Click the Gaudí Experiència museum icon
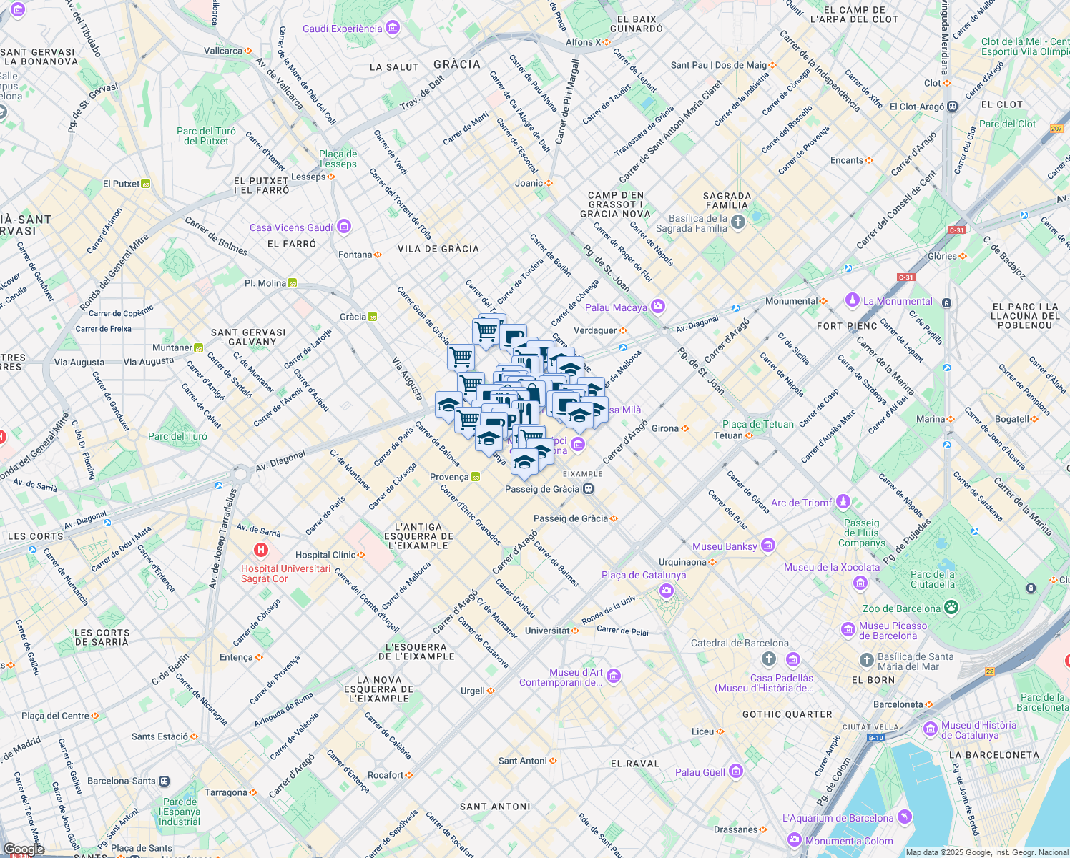(392, 28)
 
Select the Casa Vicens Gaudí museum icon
(344, 227)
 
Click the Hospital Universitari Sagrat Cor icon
(261, 550)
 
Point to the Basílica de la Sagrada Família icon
(739, 222)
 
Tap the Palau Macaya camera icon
(658, 307)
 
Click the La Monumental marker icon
(852, 300)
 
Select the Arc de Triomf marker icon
(843, 502)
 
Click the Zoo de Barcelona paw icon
(951, 608)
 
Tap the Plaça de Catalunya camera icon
(667, 591)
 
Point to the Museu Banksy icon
(768, 546)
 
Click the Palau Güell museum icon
(736, 771)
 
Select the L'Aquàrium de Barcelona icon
(905, 817)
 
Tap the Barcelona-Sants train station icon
(165, 781)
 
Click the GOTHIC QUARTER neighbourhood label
(787, 714)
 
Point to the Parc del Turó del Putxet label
(206, 136)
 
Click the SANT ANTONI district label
(495, 807)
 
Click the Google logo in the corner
(24, 849)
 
